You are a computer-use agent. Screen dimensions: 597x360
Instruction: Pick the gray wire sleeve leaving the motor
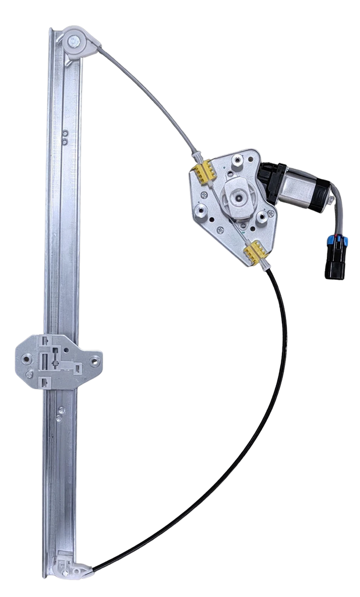338,207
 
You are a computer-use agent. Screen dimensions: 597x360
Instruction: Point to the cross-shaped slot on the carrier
55,363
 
